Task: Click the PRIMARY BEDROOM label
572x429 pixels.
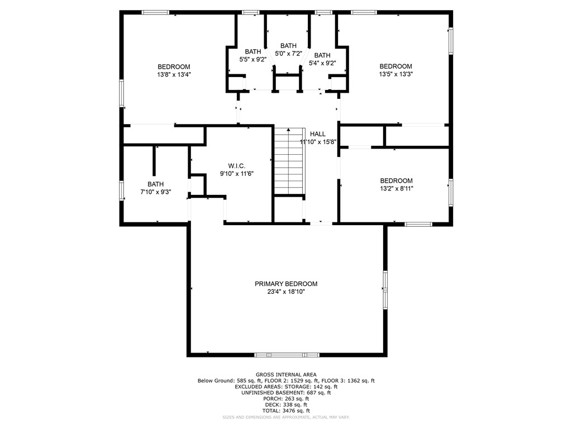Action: [286, 284]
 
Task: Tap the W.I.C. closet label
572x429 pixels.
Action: [236, 166]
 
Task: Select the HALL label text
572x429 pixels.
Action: [318, 134]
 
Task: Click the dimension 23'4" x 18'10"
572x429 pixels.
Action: [286, 292]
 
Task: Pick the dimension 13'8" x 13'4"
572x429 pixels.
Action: [174, 74]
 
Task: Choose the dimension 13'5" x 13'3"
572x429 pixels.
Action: [395, 74]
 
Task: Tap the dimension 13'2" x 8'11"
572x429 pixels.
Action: [396, 188]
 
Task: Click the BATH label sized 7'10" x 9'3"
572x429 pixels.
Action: [156, 184]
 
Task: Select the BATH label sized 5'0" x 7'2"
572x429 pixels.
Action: [288, 46]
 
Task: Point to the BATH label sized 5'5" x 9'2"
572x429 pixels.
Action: [252, 51]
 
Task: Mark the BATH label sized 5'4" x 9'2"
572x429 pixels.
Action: [322, 55]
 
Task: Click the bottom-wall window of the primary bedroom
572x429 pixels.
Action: [287, 354]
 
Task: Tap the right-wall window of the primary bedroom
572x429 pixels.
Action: [384, 290]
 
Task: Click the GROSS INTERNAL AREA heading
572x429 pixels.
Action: [286, 375]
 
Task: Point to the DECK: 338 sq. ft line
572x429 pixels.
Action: [286, 405]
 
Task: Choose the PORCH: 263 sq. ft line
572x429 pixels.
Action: [286, 399]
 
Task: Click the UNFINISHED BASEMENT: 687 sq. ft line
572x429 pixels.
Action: [286, 393]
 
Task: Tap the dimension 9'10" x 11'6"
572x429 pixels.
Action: [236, 174]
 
